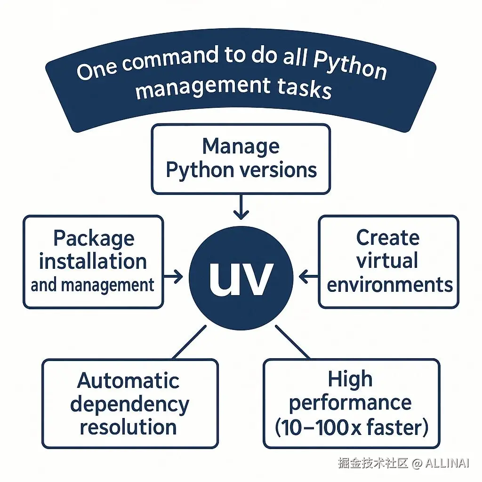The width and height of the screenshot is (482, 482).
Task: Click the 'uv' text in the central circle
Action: pos(241,279)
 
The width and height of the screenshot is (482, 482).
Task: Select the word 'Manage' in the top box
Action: pos(241,147)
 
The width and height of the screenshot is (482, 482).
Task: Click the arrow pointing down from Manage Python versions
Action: pos(241,207)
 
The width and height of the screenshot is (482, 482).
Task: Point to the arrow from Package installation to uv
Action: pos(173,276)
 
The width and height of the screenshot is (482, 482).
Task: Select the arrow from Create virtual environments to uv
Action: pos(309,276)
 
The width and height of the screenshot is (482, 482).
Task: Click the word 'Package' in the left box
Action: pos(94,239)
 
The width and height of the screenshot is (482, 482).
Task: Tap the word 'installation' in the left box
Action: pos(93,262)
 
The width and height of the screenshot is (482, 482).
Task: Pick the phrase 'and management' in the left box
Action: pos(92,285)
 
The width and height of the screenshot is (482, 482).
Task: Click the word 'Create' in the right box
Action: pos(388,238)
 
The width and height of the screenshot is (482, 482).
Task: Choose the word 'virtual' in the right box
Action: pos(387,261)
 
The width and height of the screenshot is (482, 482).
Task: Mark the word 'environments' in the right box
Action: pos(390,285)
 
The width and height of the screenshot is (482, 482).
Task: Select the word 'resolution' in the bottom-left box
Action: pos(128,427)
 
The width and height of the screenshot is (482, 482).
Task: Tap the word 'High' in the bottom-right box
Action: pos(350,380)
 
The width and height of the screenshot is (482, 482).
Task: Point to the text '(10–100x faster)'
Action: pos(351,427)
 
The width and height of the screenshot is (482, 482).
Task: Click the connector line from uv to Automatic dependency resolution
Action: pos(189,342)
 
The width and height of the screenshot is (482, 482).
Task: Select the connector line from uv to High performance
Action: pos(292,342)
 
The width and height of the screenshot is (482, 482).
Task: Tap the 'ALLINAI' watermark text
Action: pos(447,463)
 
